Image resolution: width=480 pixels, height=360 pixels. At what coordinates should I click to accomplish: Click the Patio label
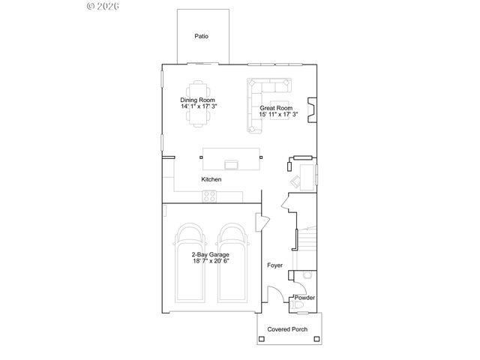[201, 36]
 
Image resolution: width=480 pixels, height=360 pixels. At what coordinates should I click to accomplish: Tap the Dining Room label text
[198, 100]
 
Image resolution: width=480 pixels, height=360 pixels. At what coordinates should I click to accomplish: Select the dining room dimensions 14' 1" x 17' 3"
[198, 106]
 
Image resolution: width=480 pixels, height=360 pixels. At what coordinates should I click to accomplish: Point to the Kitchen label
[211, 180]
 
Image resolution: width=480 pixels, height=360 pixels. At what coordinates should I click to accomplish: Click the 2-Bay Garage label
[210, 254]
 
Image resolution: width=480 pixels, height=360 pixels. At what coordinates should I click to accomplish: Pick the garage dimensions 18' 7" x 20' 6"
[210, 261]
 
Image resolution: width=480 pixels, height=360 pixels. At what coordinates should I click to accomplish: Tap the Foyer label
[274, 265]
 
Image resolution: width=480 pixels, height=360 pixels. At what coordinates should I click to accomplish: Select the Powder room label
[304, 298]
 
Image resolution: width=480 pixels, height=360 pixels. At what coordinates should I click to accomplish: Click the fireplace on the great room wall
[312, 109]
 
